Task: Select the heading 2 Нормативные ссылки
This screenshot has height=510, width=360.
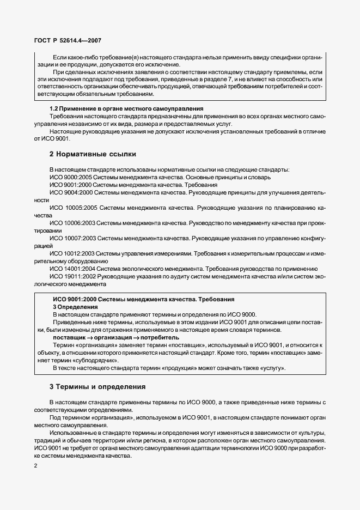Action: pyautogui.click(x=93, y=154)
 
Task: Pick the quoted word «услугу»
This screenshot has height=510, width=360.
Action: pyautogui.click(x=272, y=368)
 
